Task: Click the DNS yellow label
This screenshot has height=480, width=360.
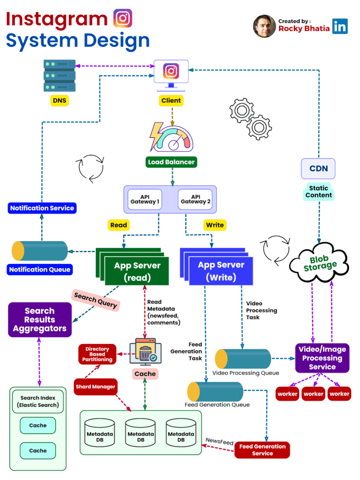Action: click(59, 100)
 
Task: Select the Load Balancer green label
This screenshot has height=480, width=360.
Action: click(171, 162)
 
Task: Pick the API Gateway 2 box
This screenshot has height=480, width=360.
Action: click(195, 199)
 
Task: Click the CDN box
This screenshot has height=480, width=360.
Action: click(318, 169)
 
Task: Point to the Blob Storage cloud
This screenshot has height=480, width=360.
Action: click(319, 262)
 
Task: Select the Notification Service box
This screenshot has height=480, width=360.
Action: click(42, 208)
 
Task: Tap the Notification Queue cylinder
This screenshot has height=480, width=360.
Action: click(40, 251)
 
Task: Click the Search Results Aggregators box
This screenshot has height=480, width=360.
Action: click(40, 320)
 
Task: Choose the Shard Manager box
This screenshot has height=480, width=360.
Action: click(95, 386)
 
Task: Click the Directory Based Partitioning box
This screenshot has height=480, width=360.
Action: click(98, 354)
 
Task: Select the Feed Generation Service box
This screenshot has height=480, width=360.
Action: click(262, 450)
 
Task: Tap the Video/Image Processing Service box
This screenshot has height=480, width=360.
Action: click(322, 358)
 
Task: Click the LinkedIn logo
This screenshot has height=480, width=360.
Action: click(340, 26)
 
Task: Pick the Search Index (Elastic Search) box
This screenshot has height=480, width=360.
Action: click(38, 401)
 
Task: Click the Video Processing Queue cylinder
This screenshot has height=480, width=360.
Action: click(243, 359)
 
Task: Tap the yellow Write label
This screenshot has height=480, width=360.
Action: click(214, 225)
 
